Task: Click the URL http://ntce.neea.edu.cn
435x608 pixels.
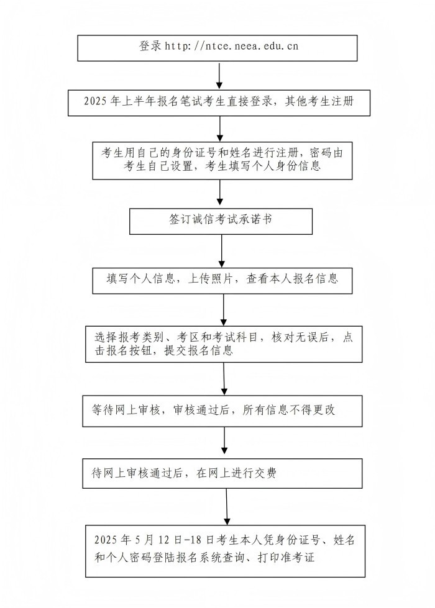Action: coord(232,46)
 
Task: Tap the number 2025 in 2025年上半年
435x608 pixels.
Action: coord(95,102)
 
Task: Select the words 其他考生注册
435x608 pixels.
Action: coord(319,102)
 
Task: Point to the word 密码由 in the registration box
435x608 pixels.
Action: coord(326,153)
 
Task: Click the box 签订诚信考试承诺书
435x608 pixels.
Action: coord(221,222)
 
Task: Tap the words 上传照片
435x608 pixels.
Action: coord(210,279)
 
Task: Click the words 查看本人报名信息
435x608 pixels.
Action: coord(292,279)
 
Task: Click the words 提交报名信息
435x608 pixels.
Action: coord(198,351)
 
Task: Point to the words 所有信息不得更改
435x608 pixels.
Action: coord(289,410)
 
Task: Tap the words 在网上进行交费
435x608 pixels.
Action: coord(236,473)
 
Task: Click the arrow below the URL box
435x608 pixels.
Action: coord(219,76)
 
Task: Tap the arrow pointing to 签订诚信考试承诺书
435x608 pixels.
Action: coord(219,193)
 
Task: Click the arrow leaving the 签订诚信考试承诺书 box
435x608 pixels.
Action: coord(222,251)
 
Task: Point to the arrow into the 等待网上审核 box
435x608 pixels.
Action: coord(224,379)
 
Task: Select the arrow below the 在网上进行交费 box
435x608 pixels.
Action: coord(227,507)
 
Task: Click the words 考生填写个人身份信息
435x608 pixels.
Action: coord(262,166)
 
